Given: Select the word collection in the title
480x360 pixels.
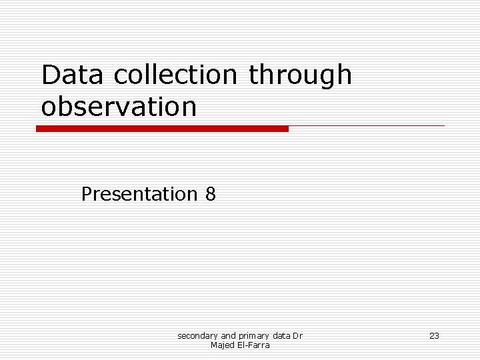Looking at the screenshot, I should (x=175, y=75).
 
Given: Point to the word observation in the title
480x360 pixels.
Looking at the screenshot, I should (x=119, y=107).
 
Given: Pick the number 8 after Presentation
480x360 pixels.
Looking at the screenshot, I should (x=211, y=194).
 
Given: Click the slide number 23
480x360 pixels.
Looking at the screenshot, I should (x=434, y=336).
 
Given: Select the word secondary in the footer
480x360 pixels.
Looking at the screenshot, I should (x=197, y=336).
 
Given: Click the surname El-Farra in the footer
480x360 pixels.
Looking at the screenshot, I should (x=252, y=345).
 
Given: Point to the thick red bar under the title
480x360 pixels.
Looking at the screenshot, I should (x=162, y=129).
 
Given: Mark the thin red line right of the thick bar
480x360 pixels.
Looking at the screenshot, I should (x=367, y=125).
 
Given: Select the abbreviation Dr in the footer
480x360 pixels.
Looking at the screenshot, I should (x=298, y=336).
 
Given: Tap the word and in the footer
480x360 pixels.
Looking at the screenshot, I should (x=228, y=336).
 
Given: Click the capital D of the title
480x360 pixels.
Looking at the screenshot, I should (x=50, y=75).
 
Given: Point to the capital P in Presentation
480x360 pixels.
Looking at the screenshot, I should (x=87, y=194).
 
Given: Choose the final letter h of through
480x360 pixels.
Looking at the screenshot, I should (x=344, y=75).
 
